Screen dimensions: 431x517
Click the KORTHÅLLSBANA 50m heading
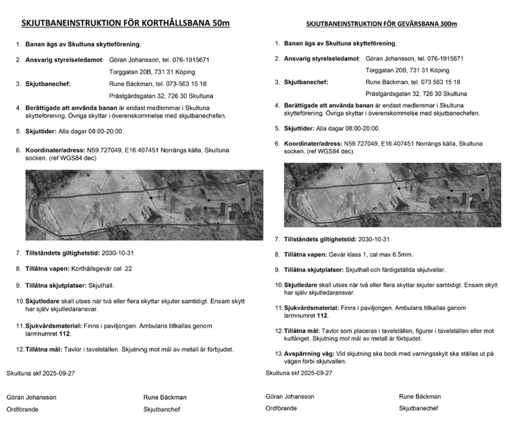pos(126,23)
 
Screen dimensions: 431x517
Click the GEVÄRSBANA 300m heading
pos(382,24)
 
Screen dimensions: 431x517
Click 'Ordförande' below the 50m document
pos(23,409)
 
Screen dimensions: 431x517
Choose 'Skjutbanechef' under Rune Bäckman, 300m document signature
pos(418,408)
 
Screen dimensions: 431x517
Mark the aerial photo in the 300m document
pos(392,195)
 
